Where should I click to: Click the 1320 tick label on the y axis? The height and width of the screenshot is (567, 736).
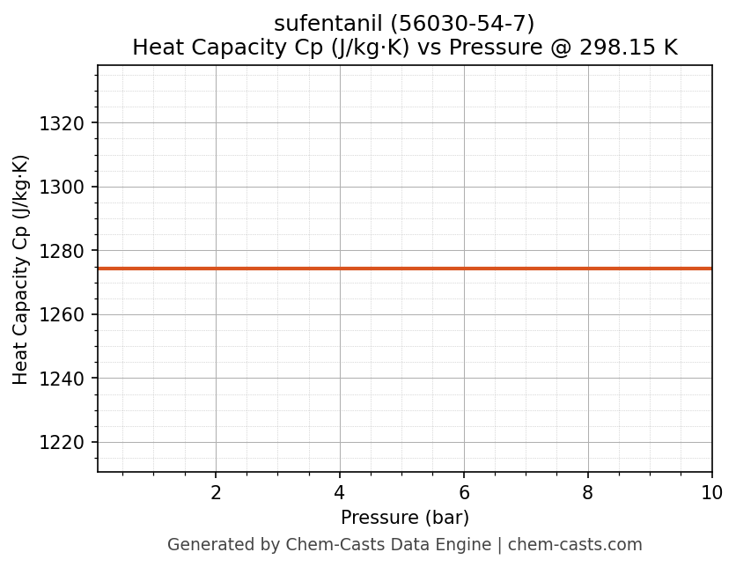pyautogui.click(x=62, y=123)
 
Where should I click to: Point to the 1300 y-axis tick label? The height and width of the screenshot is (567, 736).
pyautogui.click(x=62, y=187)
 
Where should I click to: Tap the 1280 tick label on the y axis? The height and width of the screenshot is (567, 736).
pyautogui.click(x=62, y=251)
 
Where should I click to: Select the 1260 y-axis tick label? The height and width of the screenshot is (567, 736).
pyautogui.click(x=62, y=314)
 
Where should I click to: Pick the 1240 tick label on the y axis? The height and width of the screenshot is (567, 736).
pyautogui.click(x=62, y=379)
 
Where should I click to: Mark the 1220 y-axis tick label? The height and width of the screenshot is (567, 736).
pyautogui.click(x=62, y=442)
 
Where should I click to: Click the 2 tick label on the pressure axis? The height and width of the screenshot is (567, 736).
pyautogui.click(x=216, y=493)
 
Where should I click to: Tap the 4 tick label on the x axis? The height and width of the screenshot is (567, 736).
pyautogui.click(x=340, y=493)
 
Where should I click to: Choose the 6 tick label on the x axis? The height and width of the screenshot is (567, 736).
pyautogui.click(x=464, y=493)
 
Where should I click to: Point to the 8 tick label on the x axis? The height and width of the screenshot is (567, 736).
pyautogui.click(x=588, y=493)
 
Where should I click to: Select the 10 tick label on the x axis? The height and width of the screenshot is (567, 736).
pyautogui.click(x=711, y=493)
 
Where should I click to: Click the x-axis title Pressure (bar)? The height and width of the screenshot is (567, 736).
pyautogui.click(x=405, y=518)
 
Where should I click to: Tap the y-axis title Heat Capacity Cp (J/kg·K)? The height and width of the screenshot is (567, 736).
pyautogui.click(x=21, y=269)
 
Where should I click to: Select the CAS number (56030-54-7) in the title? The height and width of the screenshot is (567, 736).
pyautogui.click(x=462, y=23)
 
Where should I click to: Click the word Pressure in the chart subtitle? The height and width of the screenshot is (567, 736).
pyautogui.click(x=489, y=48)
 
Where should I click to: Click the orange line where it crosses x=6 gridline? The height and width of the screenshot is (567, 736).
pyautogui.click(x=464, y=269)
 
